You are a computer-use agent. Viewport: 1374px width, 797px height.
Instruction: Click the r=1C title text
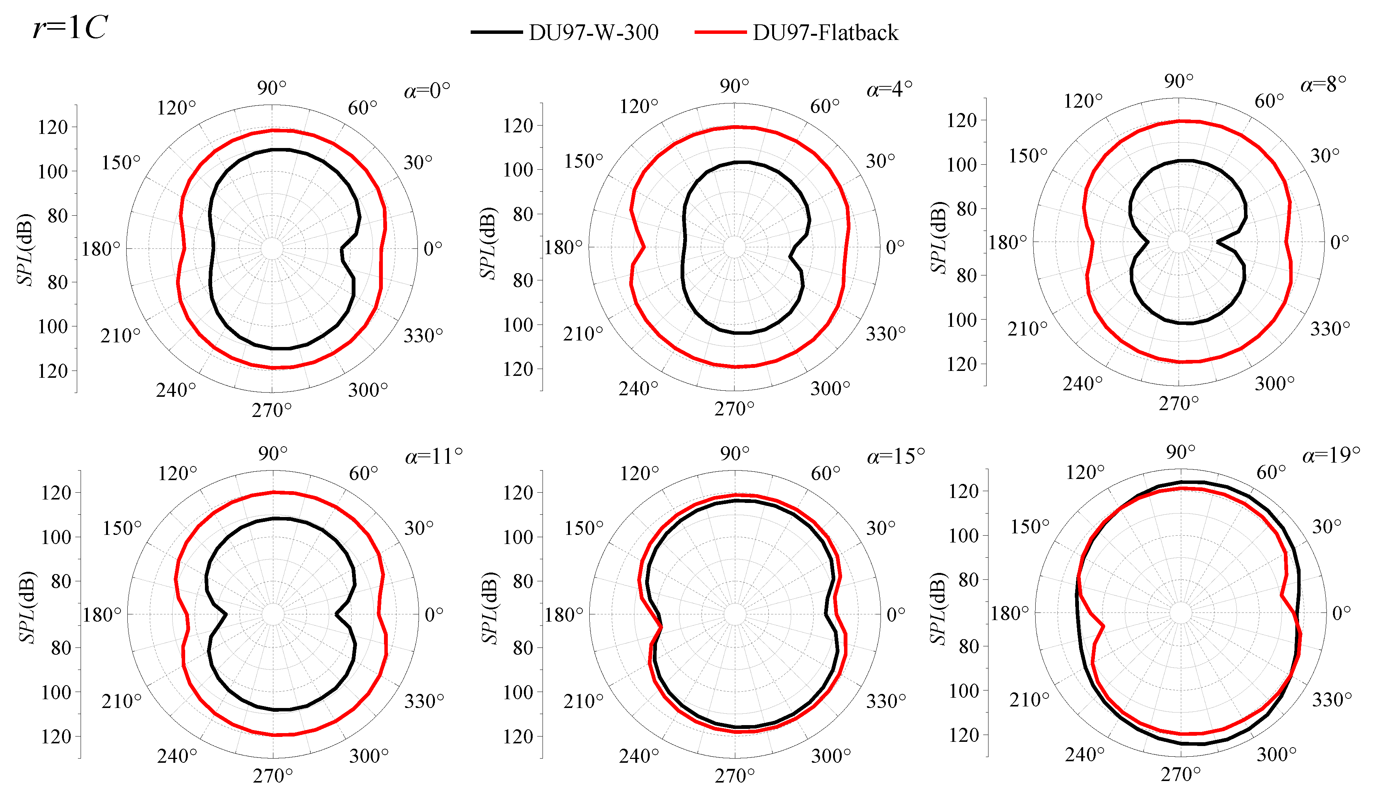[70, 27]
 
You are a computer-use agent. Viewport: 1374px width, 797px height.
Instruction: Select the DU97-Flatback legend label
[825, 33]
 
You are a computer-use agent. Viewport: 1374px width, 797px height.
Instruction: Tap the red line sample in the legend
[720, 32]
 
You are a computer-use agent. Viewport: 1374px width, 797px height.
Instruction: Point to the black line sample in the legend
[497, 32]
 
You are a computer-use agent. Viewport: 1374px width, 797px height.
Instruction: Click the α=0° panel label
[427, 90]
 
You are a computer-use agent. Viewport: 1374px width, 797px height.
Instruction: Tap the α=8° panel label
[1323, 84]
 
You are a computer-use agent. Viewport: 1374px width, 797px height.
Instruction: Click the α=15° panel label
[896, 455]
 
